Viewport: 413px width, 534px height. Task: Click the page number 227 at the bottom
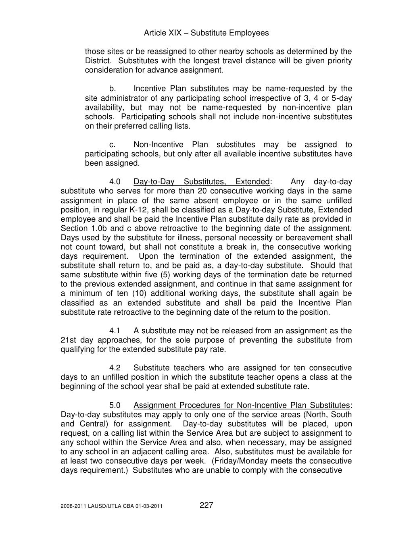[x=206, y=505]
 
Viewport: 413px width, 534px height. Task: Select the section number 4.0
[x=115, y=182]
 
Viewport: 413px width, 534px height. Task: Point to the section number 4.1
[x=115, y=331]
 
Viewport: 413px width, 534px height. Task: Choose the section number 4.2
[x=115, y=368]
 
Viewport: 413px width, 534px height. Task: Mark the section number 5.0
[x=115, y=405]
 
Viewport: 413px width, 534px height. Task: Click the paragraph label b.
[x=113, y=89]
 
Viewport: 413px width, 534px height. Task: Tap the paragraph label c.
[x=113, y=145]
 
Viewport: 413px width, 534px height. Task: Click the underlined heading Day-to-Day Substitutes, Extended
[x=201, y=182]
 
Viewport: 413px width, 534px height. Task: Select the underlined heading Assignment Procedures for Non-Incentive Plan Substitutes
[x=241, y=405]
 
